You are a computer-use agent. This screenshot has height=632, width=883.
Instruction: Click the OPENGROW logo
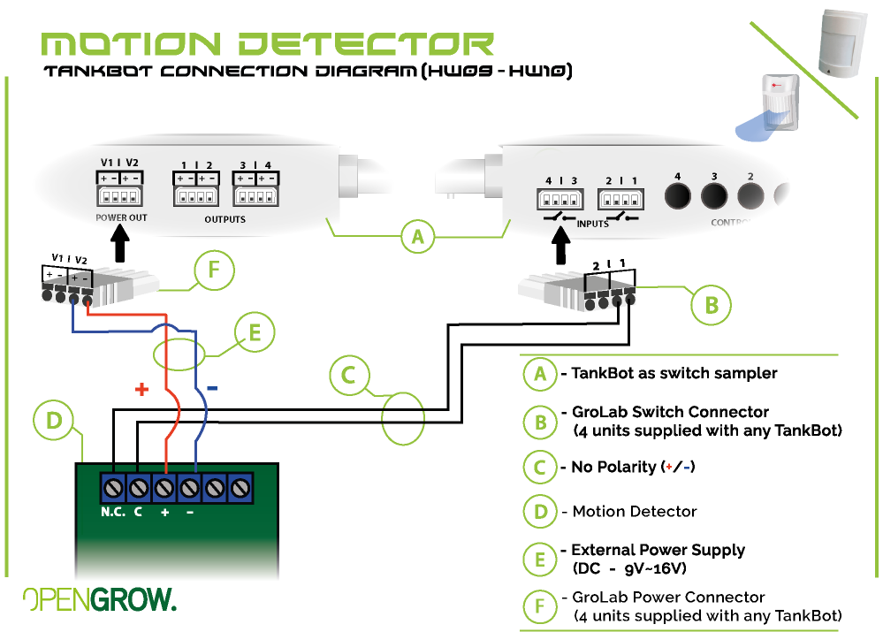[x=99, y=599]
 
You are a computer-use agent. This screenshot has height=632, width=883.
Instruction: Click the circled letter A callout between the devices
[x=418, y=236]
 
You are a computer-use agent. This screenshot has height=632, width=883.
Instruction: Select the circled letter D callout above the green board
[x=55, y=422]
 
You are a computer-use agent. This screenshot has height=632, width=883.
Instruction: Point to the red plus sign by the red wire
[x=141, y=389]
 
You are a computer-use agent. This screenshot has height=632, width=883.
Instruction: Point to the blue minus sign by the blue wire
[x=213, y=387]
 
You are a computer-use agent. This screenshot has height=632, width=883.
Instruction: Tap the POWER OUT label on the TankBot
[x=122, y=217]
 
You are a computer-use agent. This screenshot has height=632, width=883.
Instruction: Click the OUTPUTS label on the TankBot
[x=225, y=218]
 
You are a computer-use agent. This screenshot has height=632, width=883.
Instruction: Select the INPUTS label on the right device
[x=592, y=224]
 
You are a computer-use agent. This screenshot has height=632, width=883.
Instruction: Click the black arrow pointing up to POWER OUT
[x=121, y=240]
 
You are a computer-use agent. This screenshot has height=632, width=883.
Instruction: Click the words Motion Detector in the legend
[x=635, y=511]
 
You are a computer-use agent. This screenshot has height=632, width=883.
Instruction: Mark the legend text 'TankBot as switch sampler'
[x=674, y=373]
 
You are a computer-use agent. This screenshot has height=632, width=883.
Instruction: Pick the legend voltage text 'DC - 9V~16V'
[x=629, y=567]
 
